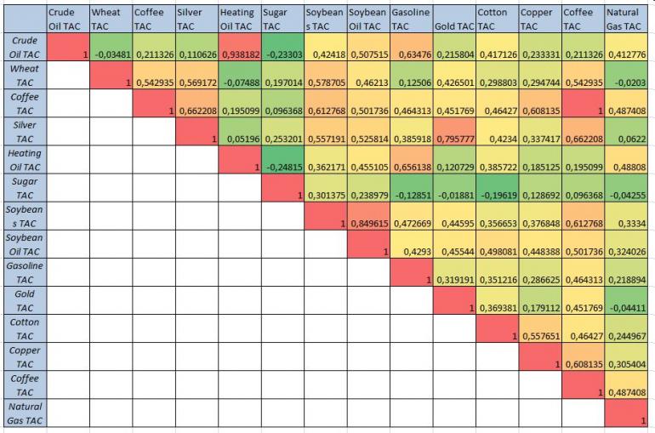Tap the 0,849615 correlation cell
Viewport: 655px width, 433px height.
[367, 223]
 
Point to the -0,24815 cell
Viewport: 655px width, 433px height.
[282, 167]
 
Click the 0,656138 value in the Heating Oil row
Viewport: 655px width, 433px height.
[411, 167]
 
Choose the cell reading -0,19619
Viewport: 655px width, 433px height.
[497, 195]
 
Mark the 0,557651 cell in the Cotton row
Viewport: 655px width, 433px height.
[539, 335]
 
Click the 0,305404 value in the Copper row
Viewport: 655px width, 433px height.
[626, 363]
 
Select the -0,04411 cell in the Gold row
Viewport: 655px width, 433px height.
[626, 307]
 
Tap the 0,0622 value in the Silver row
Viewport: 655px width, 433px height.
[626, 140]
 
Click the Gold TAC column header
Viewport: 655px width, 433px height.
[453, 26]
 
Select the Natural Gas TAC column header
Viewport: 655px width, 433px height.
[626, 20]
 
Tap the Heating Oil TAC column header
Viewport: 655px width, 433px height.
[238, 20]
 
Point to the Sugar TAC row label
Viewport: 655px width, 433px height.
[23, 188]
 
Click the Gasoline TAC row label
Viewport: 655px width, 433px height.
[23, 272]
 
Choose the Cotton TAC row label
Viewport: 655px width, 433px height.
[23, 328]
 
